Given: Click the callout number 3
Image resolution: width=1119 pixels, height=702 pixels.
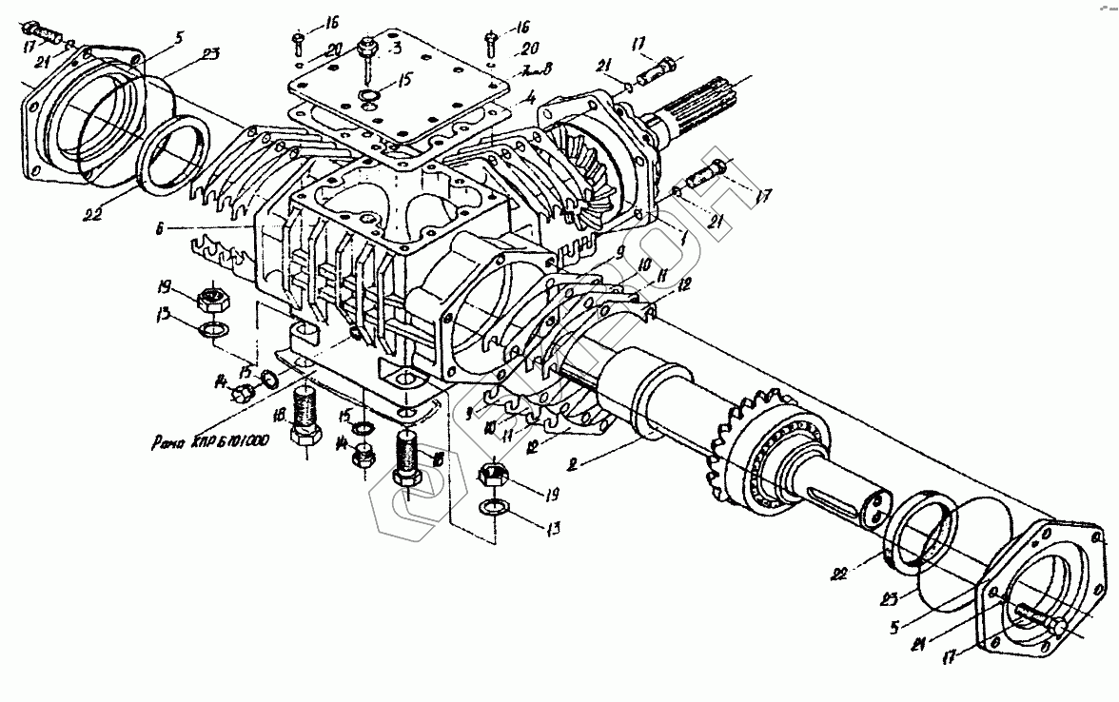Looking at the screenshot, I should click(x=399, y=48).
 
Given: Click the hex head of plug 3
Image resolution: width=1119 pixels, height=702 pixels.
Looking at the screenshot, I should click(x=366, y=46).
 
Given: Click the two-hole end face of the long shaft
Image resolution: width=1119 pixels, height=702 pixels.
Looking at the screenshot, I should click(x=874, y=507).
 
